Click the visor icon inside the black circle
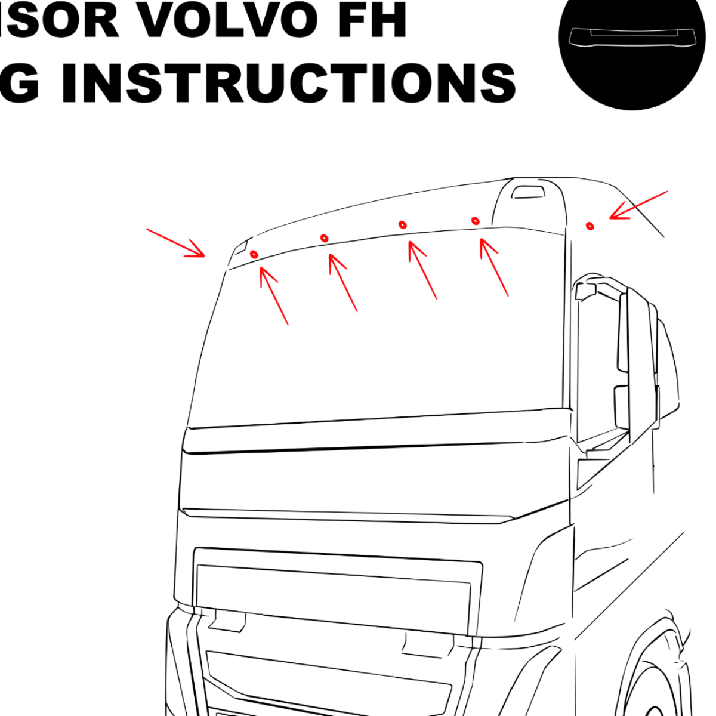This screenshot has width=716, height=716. point(632,37)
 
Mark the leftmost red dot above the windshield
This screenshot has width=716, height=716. point(254,254)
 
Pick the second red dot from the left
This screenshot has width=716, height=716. point(324,238)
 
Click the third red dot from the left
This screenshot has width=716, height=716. point(403,224)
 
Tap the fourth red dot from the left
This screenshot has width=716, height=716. point(475,221)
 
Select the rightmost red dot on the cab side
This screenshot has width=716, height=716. point(590,226)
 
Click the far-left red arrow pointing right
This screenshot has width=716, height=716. point(176,243)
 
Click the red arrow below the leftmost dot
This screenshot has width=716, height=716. point(274,296)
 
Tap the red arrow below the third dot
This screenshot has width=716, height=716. point(422,269)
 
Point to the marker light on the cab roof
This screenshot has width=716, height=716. point(528,192)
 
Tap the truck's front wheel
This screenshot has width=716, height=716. point(662,686)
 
